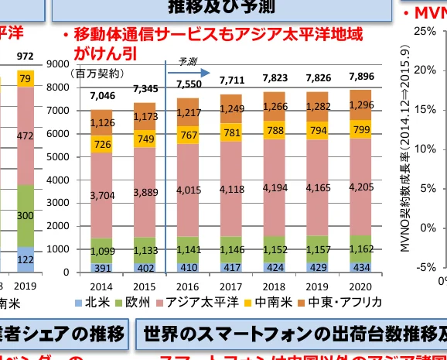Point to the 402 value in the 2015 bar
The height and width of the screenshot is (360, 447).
point(145,267)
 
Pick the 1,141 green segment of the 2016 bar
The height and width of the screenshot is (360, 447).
point(189,250)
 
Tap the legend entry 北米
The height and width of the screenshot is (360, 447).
point(93,303)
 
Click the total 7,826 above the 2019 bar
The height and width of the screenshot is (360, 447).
point(319,78)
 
